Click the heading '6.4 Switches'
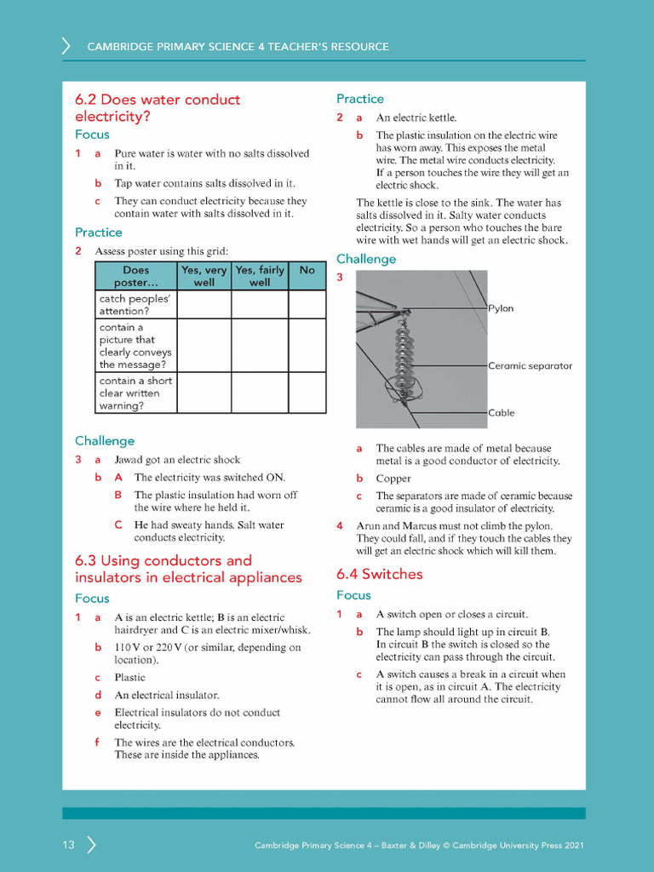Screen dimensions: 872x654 point(379,574)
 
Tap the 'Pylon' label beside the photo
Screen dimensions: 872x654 point(502,308)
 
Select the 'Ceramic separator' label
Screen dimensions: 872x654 point(530,365)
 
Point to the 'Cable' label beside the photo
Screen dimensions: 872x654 point(502,413)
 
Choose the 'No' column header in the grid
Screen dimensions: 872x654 point(307,271)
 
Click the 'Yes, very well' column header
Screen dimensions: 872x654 point(204,276)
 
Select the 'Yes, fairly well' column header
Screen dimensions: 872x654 point(260,276)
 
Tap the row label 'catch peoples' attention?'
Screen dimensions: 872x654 point(135,305)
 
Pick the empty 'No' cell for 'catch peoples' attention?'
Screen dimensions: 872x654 point(307,304)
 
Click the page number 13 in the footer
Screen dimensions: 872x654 point(68,846)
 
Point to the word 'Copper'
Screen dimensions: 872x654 point(393,479)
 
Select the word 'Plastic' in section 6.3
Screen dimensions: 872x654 point(130,678)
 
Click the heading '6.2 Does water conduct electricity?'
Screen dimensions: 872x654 point(158,108)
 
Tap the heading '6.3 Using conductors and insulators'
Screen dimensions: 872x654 point(188,569)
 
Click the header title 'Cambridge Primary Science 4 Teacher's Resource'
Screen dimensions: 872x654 point(238,47)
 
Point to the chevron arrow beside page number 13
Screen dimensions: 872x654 point(91,846)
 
